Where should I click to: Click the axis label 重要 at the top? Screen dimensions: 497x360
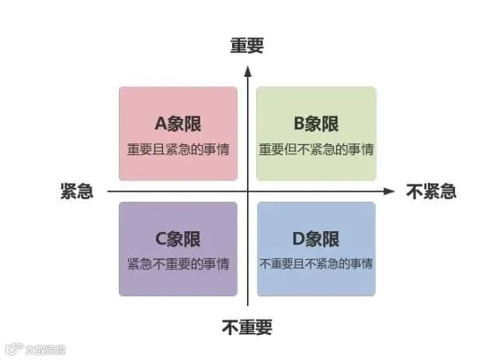247,46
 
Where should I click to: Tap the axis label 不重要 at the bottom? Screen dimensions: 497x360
247,327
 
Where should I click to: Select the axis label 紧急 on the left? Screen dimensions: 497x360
77,192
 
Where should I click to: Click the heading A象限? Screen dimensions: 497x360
178,123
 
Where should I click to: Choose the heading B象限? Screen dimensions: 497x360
315,123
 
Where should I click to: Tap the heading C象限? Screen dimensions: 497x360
178,238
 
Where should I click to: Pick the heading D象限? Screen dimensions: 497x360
315,238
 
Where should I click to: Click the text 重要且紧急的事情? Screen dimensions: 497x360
178,148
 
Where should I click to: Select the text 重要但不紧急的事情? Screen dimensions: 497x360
315,148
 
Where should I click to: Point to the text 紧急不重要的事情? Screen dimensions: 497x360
178,263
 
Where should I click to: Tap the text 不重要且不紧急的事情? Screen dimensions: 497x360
315,263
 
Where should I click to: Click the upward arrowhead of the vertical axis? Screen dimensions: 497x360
248,71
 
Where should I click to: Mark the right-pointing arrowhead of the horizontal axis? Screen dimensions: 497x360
390,191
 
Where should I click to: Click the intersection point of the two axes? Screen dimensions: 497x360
248,191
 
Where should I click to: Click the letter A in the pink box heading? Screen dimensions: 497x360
160,123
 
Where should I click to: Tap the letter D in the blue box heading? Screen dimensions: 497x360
297,238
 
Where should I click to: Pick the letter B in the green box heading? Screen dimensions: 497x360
297,123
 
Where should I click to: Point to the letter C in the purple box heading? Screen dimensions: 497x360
160,238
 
